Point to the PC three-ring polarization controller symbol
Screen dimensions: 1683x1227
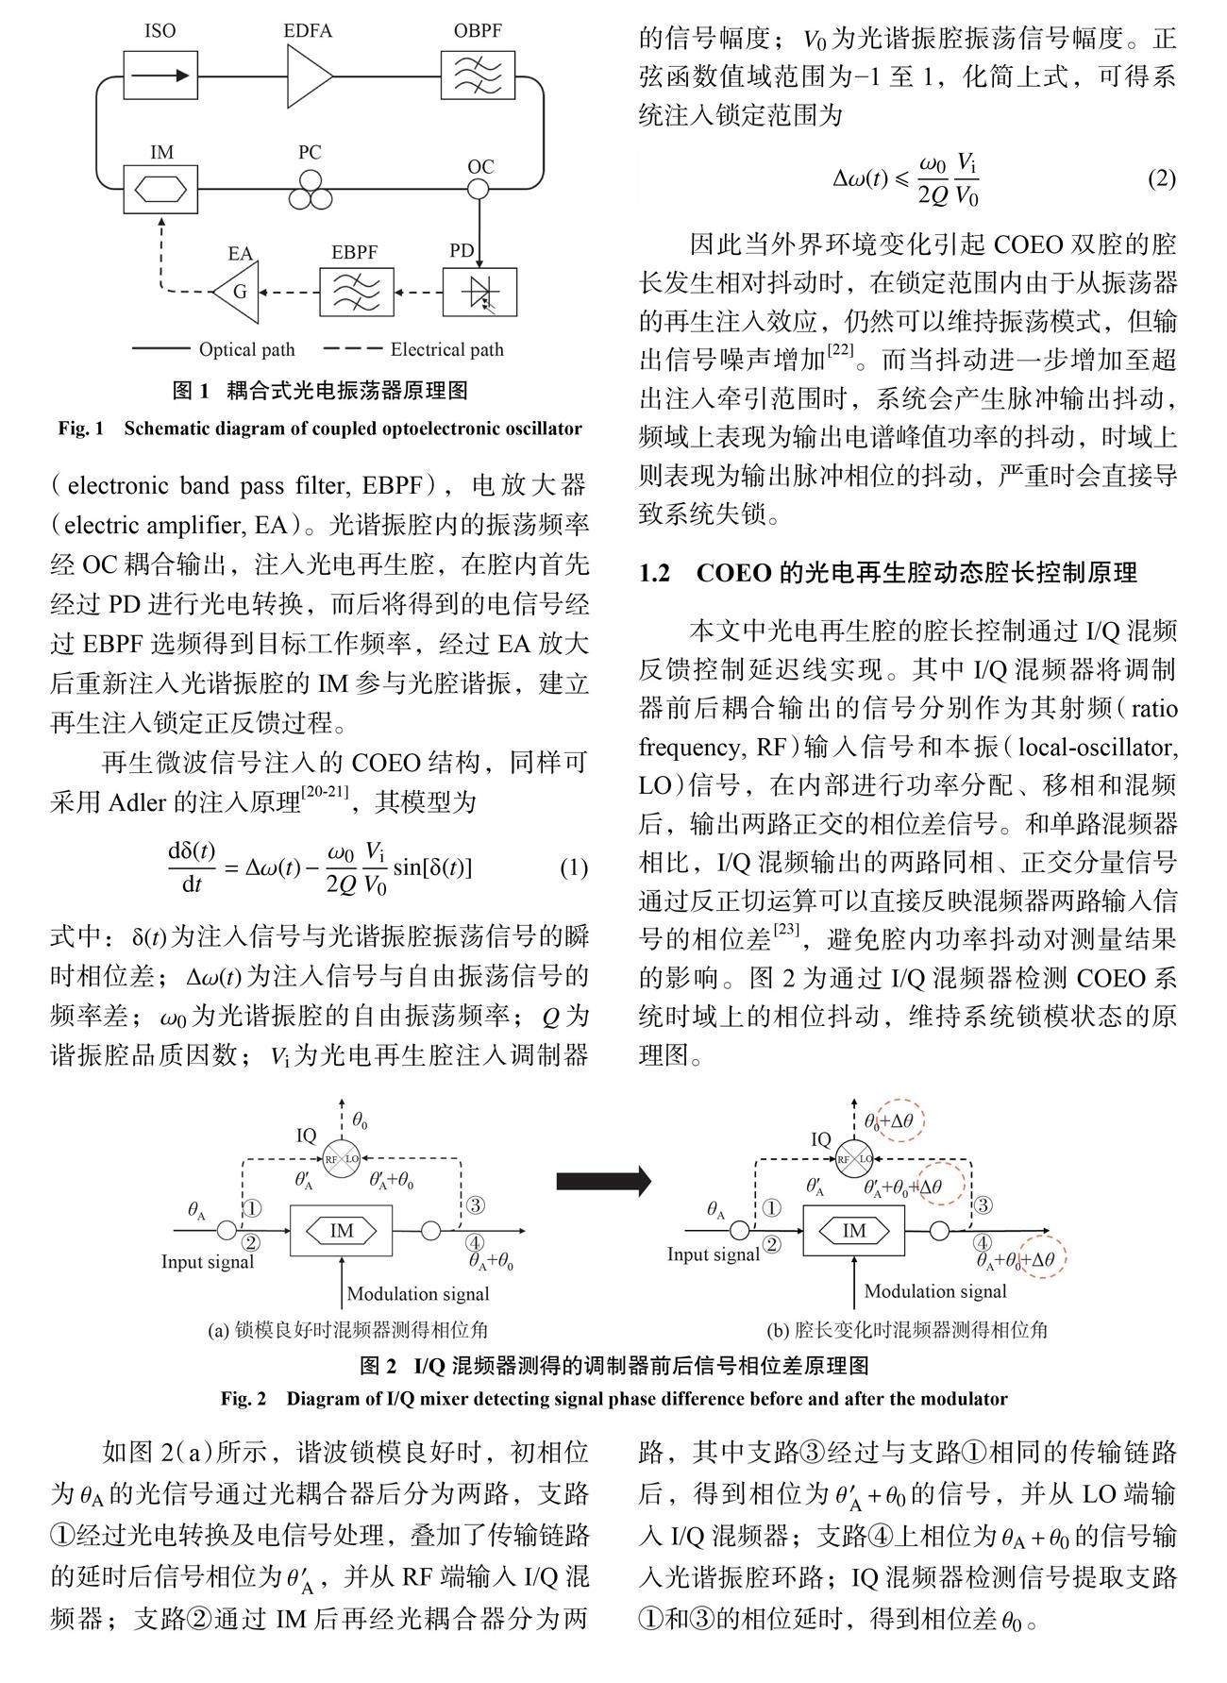tap(310, 194)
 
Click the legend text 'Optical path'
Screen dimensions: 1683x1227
tap(246, 350)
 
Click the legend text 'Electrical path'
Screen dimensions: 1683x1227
tap(446, 350)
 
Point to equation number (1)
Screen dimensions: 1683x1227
tap(574, 867)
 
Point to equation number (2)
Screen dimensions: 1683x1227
tap(1161, 178)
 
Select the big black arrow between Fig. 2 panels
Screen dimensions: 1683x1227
tap(604, 1180)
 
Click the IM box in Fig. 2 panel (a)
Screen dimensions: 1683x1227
tap(342, 1231)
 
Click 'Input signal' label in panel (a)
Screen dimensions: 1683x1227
tap(208, 1262)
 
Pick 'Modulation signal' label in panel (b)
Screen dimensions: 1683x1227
tap(935, 1291)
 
